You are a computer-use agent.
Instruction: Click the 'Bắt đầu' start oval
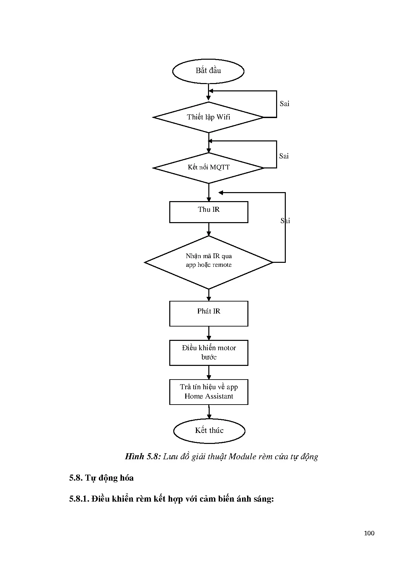(208, 71)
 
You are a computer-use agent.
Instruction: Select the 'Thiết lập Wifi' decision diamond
(208, 117)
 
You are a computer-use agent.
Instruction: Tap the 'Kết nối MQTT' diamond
(208, 167)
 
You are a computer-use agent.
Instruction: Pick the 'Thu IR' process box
(209, 212)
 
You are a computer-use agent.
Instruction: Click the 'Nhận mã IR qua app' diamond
(209, 262)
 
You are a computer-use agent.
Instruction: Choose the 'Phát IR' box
(209, 314)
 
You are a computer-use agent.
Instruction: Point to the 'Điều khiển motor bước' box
(209, 353)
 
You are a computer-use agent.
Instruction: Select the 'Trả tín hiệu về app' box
(209, 392)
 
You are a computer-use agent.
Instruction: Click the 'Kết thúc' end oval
(209, 431)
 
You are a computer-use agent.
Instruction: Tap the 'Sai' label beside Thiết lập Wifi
(284, 104)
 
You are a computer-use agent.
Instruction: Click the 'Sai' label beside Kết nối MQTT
(284, 156)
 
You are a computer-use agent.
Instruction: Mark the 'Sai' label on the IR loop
(285, 221)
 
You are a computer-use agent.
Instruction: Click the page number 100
(369, 533)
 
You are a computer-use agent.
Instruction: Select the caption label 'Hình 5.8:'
(143, 457)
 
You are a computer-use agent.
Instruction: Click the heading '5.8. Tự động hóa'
(101, 478)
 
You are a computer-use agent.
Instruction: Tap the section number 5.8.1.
(79, 499)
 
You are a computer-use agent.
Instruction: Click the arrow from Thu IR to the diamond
(209, 229)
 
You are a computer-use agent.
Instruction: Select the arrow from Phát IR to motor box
(209, 333)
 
